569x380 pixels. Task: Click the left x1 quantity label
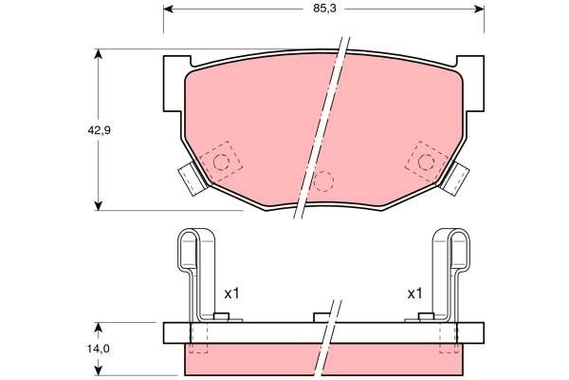point(231,294)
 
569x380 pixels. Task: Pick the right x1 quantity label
point(414,294)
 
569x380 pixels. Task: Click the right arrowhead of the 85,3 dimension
point(479,9)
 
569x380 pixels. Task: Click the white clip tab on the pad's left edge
point(191,177)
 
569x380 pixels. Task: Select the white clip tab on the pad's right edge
point(457,177)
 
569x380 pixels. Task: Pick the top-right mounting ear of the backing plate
point(471,68)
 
